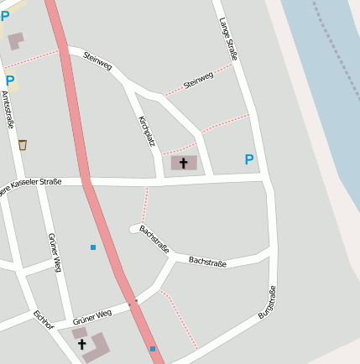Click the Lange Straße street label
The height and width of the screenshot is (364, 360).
coord(228,39)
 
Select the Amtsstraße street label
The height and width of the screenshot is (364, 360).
coord(8,110)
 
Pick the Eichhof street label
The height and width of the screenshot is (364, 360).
coord(43,322)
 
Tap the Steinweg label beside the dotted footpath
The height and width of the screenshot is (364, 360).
coord(198,81)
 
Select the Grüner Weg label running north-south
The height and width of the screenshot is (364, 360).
coord(55,252)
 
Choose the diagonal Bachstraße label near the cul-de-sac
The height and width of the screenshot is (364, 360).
coord(154,239)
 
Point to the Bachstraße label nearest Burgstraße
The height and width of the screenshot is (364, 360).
coord(207,262)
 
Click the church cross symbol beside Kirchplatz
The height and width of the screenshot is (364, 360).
coord(184,163)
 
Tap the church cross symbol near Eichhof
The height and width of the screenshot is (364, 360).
coord(82,344)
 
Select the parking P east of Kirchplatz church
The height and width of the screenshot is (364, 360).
coord(248,159)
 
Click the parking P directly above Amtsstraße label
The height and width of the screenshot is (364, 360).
coord(10,81)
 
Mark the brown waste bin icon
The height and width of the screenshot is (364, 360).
coord(22,144)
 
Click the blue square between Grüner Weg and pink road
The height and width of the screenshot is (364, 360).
coord(93,247)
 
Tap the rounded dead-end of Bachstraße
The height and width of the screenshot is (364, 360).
coord(134,228)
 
